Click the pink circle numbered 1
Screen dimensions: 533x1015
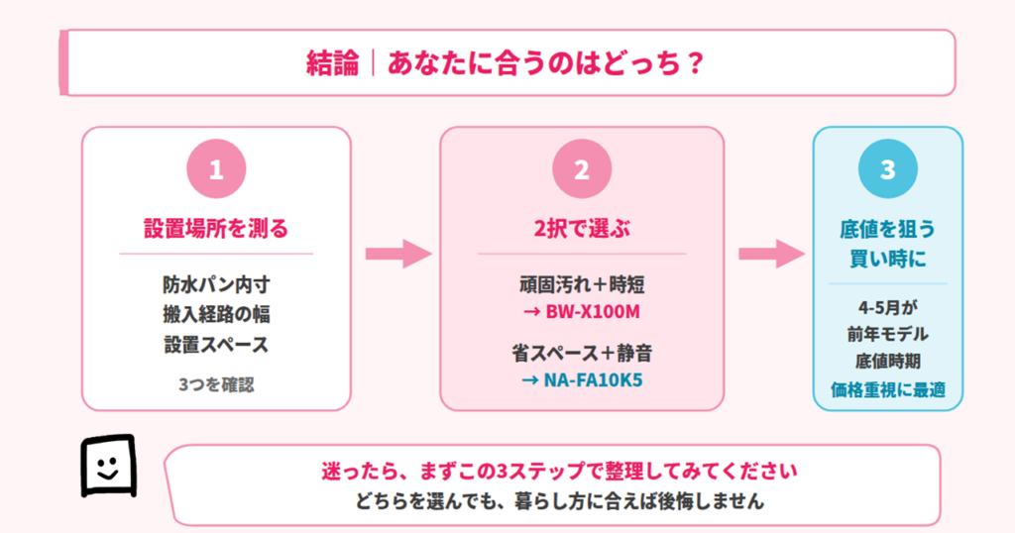tap(216, 169)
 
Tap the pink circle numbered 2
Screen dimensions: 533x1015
tap(581, 169)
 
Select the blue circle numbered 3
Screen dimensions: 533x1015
tap(887, 169)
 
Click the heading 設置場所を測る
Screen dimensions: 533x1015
tap(216, 230)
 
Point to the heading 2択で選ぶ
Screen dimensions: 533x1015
tap(581, 230)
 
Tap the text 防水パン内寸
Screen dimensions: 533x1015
tap(216, 285)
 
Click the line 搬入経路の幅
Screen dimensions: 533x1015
tap(216, 315)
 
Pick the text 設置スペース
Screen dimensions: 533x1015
tap(216, 345)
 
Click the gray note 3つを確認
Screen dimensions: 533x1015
tap(216, 383)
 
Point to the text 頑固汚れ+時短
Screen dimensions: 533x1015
tap(581, 285)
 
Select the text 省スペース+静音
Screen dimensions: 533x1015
tap(581, 353)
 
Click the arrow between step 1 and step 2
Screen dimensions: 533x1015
tap(396, 254)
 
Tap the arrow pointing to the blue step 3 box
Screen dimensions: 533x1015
tap(770, 254)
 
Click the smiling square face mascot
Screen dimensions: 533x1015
tap(107, 465)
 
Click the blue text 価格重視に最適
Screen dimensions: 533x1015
tap(887, 389)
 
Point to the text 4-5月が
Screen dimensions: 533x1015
tap(887, 306)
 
